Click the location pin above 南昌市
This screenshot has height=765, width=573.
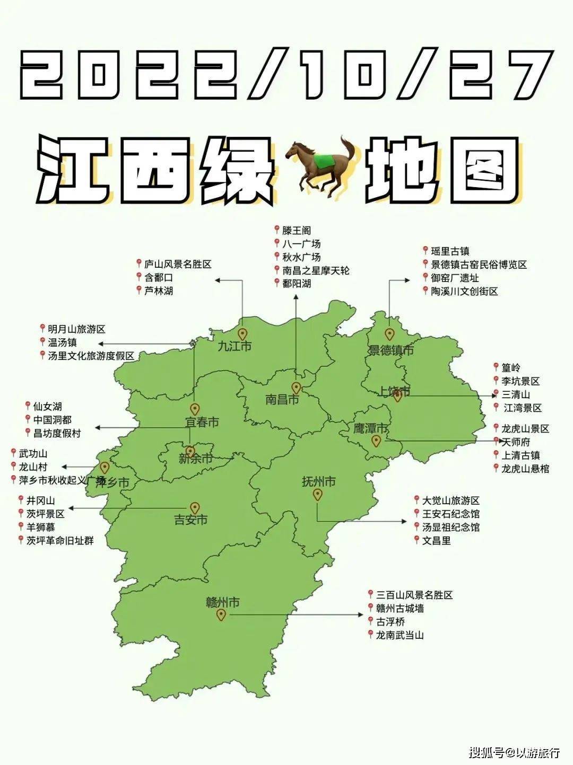(x=296, y=388)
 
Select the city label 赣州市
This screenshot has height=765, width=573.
(x=223, y=602)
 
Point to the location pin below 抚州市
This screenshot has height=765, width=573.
(x=317, y=495)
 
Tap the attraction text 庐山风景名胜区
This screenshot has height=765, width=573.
(x=178, y=263)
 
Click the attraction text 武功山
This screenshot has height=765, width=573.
(x=33, y=454)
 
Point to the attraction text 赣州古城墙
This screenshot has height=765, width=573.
(x=400, y=608)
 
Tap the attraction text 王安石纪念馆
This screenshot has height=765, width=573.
(x=451, y=514)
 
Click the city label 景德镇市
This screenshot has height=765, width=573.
(x=391, y=350)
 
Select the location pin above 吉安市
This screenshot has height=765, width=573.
(x=195, y=507)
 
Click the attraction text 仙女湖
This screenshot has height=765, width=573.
(x=47, y=407)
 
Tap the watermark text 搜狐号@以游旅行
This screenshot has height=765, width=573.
(x=514, y=751)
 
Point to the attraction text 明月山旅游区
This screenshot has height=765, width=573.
(x=76, y=329)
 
